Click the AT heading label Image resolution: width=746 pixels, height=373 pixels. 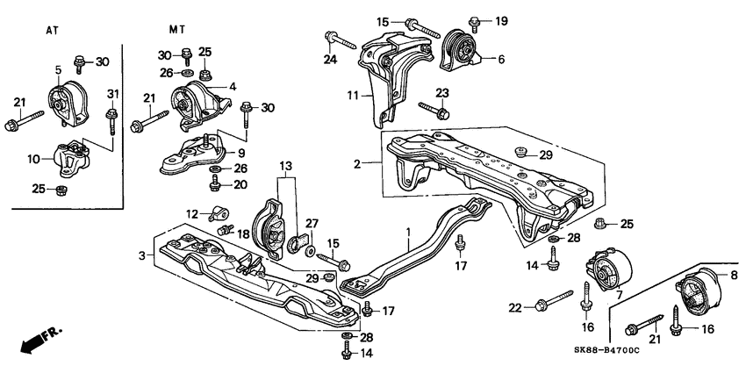click(x=52, y=30)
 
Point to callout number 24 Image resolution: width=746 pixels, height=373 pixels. click(x=329, y=61)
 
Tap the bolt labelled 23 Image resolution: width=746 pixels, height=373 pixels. click(x=434, y=111)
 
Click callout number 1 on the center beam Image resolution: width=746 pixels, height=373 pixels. click(x=407, y=235)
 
